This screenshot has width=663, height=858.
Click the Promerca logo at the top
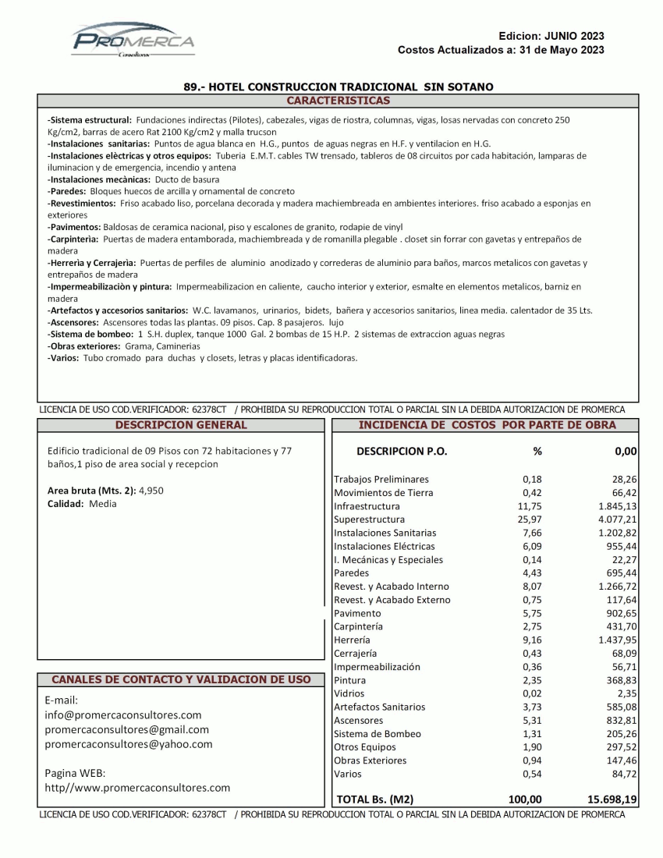point(133,41)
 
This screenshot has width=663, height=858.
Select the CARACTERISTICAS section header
point(338,101)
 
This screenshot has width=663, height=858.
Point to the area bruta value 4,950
point(151,490)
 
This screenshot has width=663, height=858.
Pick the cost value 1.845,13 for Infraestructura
point(613,506)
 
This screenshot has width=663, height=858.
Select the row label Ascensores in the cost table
point(358,720)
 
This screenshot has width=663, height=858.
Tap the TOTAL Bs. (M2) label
point(374,799)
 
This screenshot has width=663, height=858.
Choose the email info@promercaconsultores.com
point(124,714)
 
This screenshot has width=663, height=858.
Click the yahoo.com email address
point(129,744)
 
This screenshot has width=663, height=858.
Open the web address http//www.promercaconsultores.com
point(139,788)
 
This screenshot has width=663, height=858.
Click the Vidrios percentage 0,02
point(532,693)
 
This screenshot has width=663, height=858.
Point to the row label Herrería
point(352,640)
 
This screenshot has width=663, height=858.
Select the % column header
point(537,451)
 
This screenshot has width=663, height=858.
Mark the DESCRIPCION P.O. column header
point(402,451)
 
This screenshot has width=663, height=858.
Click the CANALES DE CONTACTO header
point(181,679)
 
